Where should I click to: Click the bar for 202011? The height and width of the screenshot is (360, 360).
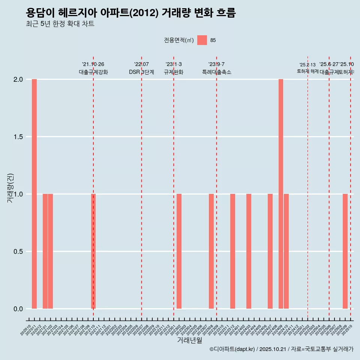click(34, 194)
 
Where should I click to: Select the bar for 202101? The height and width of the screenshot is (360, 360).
click(45, 251)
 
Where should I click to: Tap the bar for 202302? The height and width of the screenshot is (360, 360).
click(179, 251)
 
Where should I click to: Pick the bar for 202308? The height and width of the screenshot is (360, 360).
click(211, 251)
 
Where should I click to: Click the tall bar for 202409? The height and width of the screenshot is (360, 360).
click(281, 194)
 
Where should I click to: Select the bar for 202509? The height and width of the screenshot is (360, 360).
click(345, 251)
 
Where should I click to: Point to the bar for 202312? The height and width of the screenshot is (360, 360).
click(232, 251)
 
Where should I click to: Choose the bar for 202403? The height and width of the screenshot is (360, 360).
click(249, 251)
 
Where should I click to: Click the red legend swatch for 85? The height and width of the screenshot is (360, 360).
click(202, 40)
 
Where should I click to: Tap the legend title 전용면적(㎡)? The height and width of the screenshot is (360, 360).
click(178, 40)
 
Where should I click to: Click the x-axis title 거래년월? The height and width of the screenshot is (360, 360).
click(190, 340)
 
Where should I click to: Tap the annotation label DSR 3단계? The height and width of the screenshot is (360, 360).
click(141, 72)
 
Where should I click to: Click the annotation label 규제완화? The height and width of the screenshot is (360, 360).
click(174, 72)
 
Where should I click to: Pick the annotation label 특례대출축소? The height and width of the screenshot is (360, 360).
click(216, 72)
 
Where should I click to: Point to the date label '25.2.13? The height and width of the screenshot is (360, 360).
click(307, 65)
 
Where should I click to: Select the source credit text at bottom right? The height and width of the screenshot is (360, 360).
click(281, 349)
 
